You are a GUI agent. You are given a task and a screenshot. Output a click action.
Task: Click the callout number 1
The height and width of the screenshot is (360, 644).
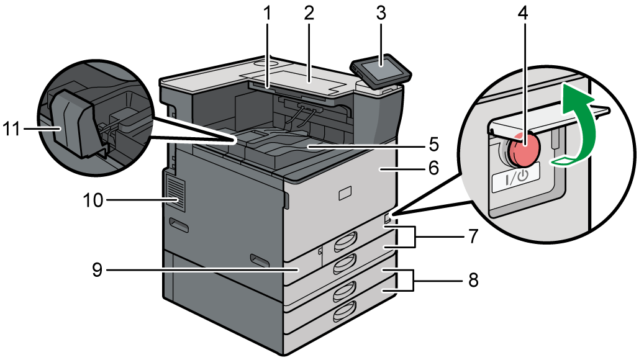pos(268,14)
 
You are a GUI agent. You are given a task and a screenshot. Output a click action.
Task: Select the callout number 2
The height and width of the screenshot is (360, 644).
pos(309,14)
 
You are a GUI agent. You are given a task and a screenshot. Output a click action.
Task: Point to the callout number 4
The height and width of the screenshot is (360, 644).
pos(525,14)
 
